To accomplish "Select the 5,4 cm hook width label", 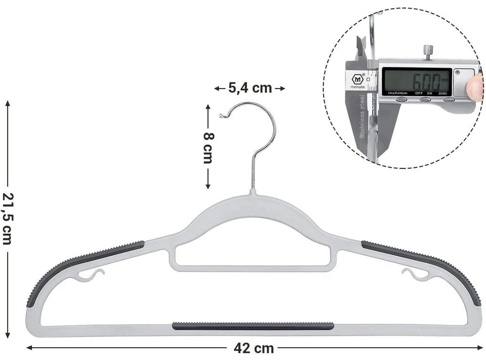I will [x=250, y=88].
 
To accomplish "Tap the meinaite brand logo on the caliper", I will [x=358, y=81].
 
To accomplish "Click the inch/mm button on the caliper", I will [x=402, y=100].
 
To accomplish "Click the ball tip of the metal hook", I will [x=221, y=115].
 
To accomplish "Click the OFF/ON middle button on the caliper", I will [x=425, y=100].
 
